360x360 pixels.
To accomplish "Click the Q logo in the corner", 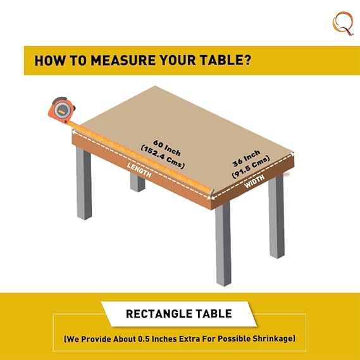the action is (x=343, y=23).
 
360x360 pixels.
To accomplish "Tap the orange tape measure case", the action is (x=61, y=109).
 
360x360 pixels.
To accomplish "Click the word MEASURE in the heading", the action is (x=123, y=60).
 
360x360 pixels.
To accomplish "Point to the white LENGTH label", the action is (x=139, y=170).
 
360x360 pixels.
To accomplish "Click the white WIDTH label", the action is (x=254, y=182).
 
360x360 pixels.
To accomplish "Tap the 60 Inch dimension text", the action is (x=167, y=147).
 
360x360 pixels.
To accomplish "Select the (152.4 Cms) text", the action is (x=163, y=157).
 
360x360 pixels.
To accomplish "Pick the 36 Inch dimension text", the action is (x=246, y=158).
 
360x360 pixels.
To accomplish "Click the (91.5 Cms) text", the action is (x=251, y=166).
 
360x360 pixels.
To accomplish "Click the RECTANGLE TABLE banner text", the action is (x=179, y=314).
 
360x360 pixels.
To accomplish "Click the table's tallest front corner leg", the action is (x=223, y=244).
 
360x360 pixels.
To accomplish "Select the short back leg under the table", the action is (x=137, y=182).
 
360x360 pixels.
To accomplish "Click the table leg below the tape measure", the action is (x=84, y=183).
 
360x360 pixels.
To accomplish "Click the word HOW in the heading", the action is (x=49, y=60).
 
